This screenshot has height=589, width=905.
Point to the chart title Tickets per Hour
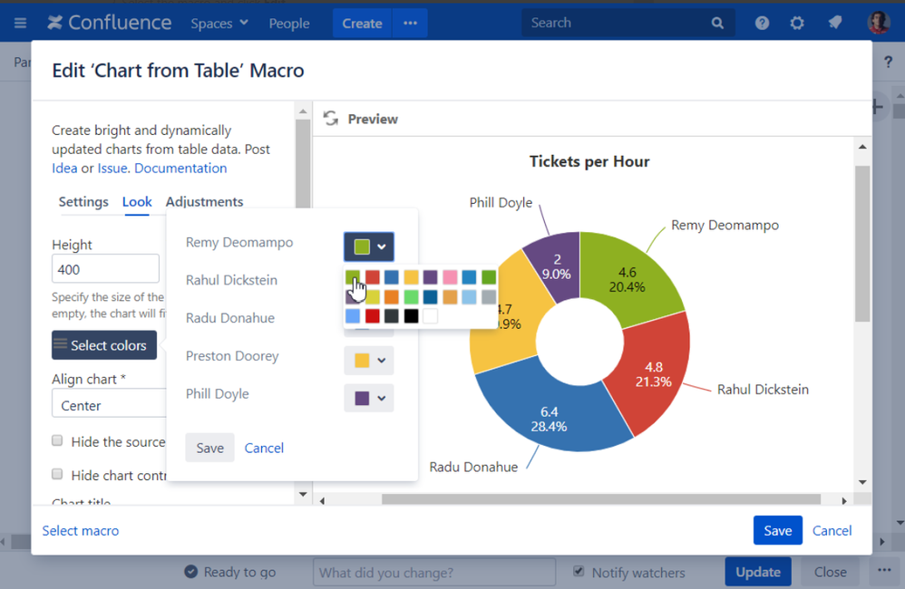pyautogui.click(x=589, y=161)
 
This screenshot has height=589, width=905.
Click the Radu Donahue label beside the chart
pyautogui.click(x=473, y=467)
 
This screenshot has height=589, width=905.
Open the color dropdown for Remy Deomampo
pyautogui.click(x=369, y=246)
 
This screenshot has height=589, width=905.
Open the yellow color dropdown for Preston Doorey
pyautogui.click(x=369, y=361)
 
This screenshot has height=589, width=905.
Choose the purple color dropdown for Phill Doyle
pyautogui.click(x=369, y=399)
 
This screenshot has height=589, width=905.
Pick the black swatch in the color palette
pyautogui.click(x=411, y=316)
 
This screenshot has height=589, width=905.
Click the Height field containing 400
pyautogui.click(x=105, y=269)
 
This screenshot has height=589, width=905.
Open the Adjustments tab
pyautogui.click(x=204, y=202)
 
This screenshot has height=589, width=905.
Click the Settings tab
pyautogui.click(x=83, y=202)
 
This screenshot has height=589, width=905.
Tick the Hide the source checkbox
pyautogui.click(x=57, y=441)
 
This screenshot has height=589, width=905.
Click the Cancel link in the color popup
pyautogui.click(x=264, y=448)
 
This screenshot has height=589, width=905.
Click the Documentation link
pyautogui.click(x=180, y=168)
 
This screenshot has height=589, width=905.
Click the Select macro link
pyautogui.click(x=81, y=531)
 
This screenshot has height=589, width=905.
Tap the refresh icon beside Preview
pyautogui.click(x=331, y=119)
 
